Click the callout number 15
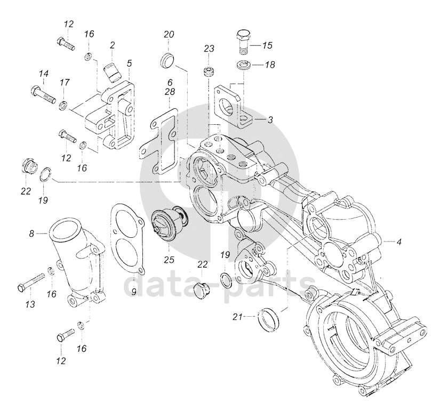tap(268, 45)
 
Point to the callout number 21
tap(237, 317)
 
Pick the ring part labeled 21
tap(269, 319)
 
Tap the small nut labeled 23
tap(209, 71)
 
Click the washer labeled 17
tap(63, 106)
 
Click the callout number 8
tap(31, 233)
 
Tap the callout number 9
tap(134, 292)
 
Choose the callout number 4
tap(399, 242)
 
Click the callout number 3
tap(270, 120)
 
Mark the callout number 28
tap(170, 92)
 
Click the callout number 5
tap(129, 63)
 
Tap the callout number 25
tap(169, 260)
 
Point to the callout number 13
tap(30, 304)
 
